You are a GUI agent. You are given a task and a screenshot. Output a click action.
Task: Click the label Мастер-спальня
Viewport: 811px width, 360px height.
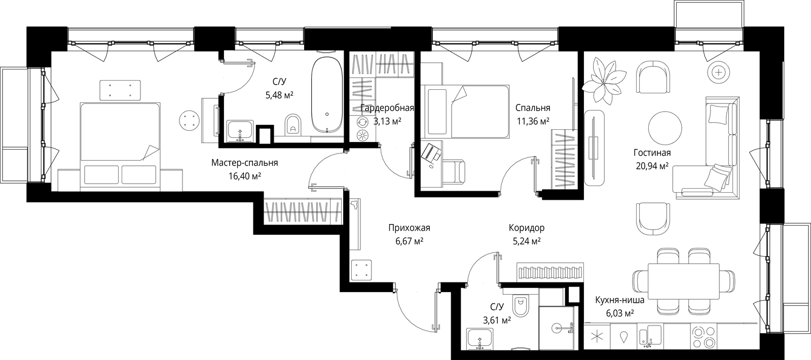[244, 163]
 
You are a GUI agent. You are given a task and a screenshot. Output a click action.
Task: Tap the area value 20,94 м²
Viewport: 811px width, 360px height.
[652, 166]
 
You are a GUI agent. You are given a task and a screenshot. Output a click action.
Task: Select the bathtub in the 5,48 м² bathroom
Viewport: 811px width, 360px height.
[327, 95]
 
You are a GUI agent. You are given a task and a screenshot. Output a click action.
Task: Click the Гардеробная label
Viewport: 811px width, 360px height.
[387, 108]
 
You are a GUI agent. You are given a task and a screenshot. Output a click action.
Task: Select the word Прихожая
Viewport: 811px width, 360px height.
[409, 228]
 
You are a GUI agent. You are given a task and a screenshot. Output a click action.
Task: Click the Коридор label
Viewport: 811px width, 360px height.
[527, 228]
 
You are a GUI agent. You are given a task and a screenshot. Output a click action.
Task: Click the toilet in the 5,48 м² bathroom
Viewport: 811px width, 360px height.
[293, 125]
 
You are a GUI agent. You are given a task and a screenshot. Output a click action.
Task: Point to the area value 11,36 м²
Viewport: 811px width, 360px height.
[533, 121]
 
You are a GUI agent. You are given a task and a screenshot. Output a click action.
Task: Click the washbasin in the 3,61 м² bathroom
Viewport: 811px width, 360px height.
[480, 339]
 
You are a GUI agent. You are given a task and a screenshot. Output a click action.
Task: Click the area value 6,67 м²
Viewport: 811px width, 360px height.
[410, 241]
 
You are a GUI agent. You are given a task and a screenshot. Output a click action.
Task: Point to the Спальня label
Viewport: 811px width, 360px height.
[533, 108]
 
